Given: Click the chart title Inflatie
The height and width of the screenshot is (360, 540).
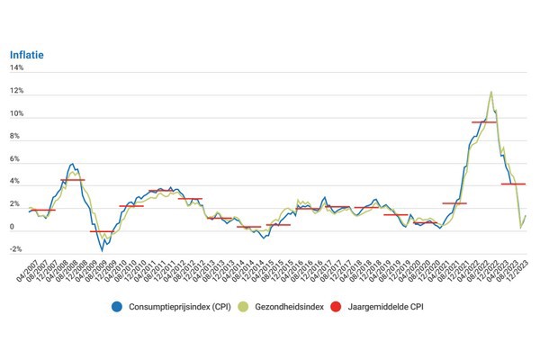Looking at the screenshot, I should (x=27, y=53).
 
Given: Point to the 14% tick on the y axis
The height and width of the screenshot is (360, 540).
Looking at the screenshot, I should (x=17, y=68).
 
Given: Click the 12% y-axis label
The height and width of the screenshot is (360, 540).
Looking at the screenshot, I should (x=17, y=92).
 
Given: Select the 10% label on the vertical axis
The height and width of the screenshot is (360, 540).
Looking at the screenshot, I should (x=17, y=114).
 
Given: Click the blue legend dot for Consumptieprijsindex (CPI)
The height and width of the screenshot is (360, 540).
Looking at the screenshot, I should (x=118, y=306).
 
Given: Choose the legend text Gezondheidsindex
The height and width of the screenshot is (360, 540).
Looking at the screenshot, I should (x=284, y=306).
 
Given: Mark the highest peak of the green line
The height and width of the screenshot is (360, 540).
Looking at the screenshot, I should (x=490, y=91).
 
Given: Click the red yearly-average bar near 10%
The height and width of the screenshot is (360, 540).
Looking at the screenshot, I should (x=483, y=121).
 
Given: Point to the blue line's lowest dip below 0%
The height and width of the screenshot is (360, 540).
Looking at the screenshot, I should (x=102, y=248).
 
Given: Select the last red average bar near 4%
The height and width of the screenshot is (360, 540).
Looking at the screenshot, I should (x=513, y=184).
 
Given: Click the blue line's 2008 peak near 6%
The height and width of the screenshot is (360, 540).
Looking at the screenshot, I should (x=72, y=165).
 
